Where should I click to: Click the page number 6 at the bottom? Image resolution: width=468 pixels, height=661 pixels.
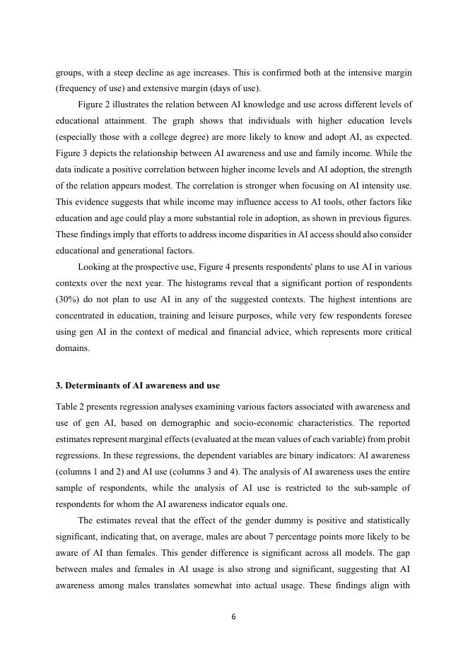[233, 617]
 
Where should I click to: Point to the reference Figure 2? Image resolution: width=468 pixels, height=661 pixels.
[96, 105]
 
